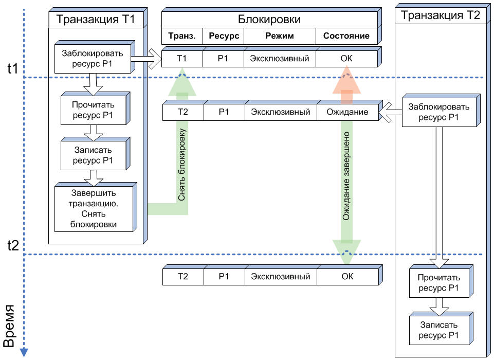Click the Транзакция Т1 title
[x=95, y=20]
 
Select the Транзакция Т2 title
[x=440, y=15]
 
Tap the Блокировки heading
[x=269, y=20]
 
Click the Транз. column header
[x=182, y=36]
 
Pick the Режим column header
[x=280, y=36]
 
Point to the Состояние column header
[x=346, y=36]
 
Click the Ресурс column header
[x=223, y=36]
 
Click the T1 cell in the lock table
[x=182, y=58]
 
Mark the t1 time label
[x=13, y=68]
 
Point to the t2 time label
[x=13, y=245]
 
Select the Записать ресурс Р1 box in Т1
[x=93, y=154]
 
